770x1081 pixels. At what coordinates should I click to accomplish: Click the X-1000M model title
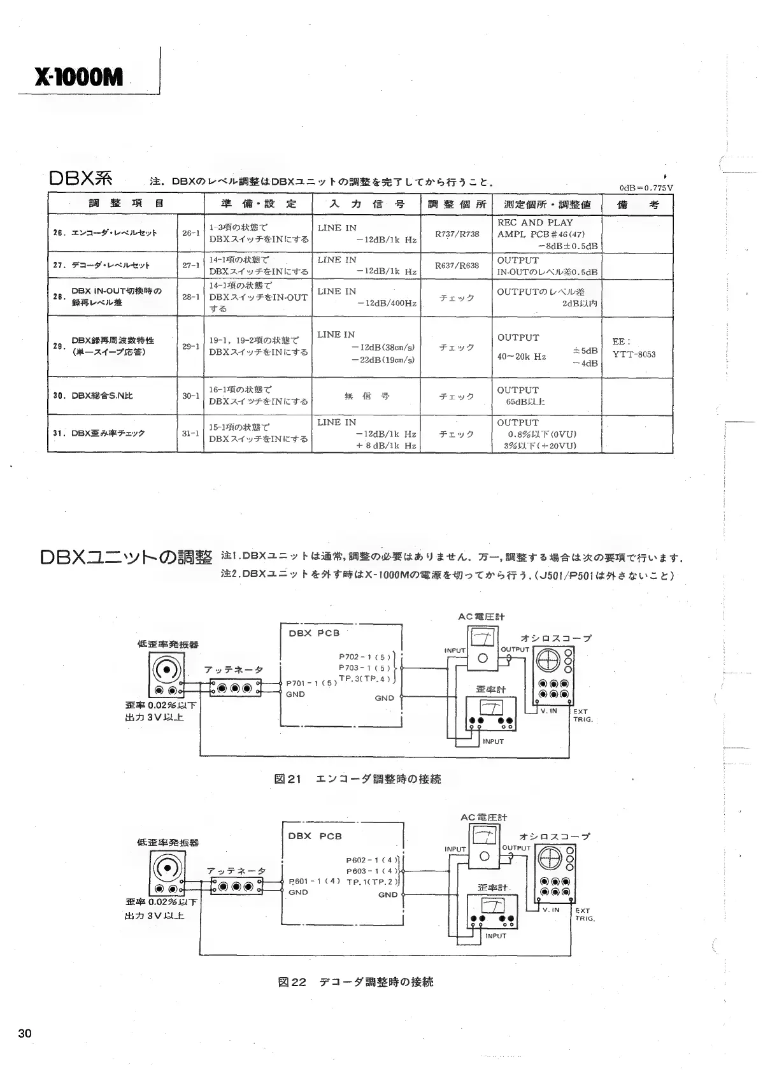point(79,78)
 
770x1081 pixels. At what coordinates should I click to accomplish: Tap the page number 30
point(25,1034)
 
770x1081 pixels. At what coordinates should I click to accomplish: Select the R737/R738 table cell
point(457,234)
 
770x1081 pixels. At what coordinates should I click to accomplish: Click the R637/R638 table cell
point(457,266)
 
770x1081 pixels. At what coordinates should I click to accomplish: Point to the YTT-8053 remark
point(634,355)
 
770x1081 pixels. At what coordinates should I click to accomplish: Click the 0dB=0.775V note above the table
point(646,188)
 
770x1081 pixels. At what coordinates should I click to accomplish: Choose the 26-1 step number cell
point(191,234)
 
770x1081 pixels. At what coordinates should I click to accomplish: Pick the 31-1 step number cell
point(191,433)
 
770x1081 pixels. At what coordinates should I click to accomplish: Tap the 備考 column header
point(638,204)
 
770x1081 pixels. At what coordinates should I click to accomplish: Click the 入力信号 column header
point(367,204)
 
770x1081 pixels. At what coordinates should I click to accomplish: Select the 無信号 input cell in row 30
point(367,396)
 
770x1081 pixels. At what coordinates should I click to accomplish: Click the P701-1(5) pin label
point(311,683)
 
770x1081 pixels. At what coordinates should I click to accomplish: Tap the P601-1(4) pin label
point(314,882)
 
